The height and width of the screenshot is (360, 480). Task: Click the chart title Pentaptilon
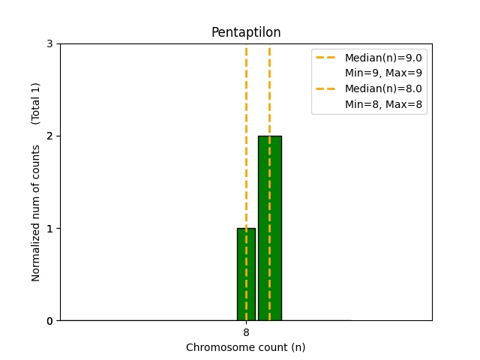coord(246,32)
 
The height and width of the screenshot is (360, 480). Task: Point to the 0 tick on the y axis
coord(49,321)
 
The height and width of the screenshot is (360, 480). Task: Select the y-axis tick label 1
coord(49,229)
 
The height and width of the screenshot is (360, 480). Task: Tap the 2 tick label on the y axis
coord(49,136)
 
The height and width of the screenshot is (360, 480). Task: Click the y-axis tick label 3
coord(49,44)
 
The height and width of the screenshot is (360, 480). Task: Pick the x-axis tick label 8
coord(246,332)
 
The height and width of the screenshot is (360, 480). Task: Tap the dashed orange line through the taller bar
coord(269,90)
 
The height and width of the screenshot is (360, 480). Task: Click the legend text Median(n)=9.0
coord(382,58)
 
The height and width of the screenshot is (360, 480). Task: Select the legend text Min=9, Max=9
coord(382,73)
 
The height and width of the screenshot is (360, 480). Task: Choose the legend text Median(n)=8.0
coord(382,88)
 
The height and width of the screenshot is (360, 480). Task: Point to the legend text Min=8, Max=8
coord(382,104)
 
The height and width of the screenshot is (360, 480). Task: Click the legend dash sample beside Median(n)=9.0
coord(327,58)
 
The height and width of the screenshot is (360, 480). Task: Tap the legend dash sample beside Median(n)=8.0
coord(327,88)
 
